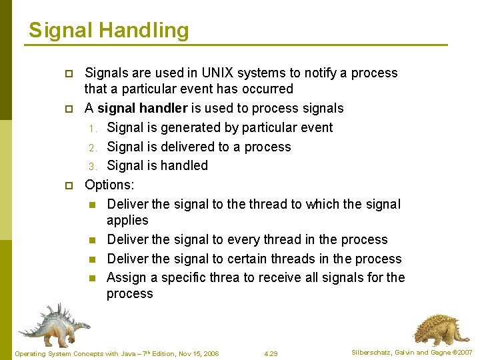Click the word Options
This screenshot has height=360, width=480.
pos(109,185)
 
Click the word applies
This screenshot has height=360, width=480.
pos(127,220)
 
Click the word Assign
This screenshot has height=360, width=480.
pos(124,277)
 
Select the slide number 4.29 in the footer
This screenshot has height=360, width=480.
pos(271,353)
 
